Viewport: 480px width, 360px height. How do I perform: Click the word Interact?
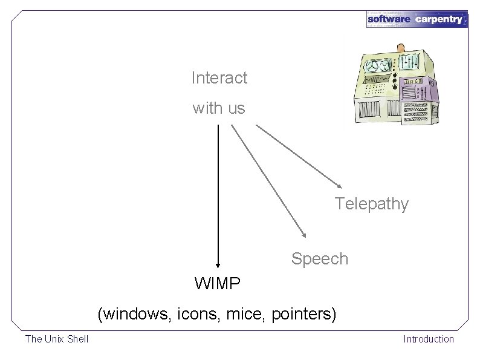(x=219, y=78)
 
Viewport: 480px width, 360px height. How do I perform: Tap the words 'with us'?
(x=219, y=109)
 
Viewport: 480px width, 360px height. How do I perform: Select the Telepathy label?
(x=372, y=204)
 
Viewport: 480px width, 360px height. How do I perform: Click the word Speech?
(x=319, y=259)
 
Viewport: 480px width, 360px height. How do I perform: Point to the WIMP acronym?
(x=217, y=283)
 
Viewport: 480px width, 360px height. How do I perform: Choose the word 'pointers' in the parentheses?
(x=302, y=315)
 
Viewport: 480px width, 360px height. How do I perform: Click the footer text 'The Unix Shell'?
(x=56, y=339)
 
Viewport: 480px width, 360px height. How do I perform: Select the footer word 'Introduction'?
(x=428, y=339)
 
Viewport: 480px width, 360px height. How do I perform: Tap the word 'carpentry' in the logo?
(x=439, y=19)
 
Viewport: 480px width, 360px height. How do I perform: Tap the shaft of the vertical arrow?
(x=218, y=194)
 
